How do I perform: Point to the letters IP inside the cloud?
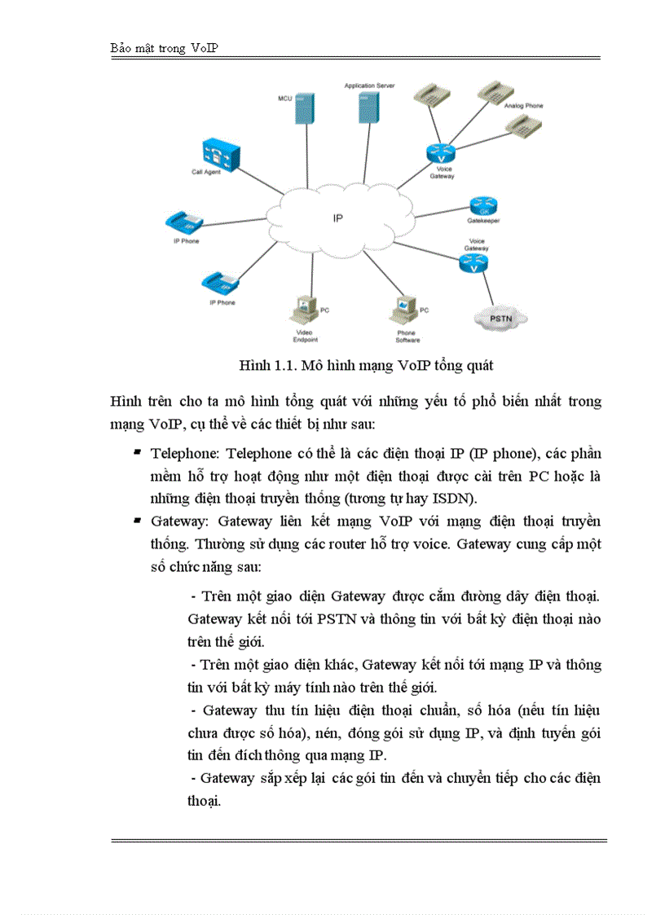337,218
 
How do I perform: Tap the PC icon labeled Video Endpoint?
302,310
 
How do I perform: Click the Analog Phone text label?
523,106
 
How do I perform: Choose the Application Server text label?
369,85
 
